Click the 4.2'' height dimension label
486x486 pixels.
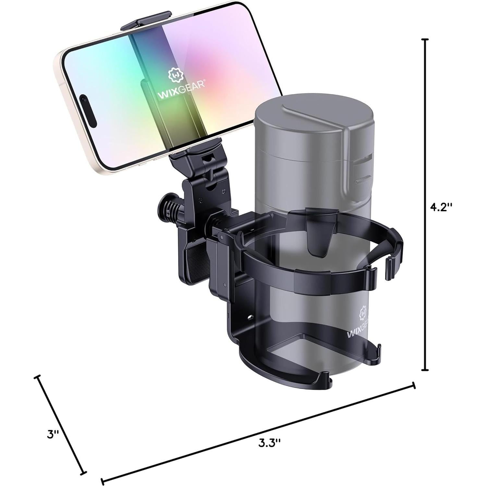point(441,207)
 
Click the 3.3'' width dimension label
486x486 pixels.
point(269,443)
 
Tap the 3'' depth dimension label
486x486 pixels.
point(53,434)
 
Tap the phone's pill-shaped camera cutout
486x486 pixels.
point(88,110)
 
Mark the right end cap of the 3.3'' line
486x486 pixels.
point(414,385)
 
